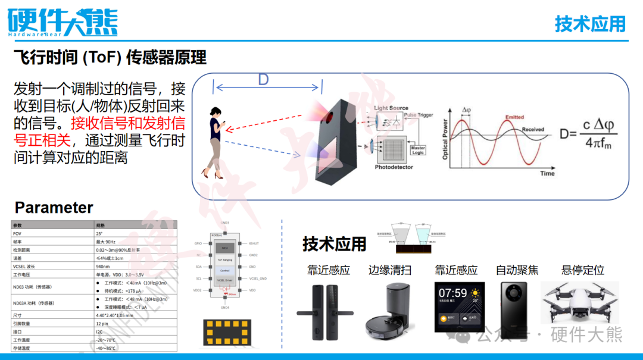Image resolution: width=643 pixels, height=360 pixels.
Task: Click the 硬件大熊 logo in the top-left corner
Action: (63, 23)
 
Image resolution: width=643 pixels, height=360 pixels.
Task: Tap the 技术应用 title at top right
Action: (590, 24)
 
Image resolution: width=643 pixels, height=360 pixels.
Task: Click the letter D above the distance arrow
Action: (263, 80)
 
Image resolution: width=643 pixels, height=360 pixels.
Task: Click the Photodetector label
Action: (394, 167)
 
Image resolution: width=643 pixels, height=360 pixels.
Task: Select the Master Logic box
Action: (418, 151)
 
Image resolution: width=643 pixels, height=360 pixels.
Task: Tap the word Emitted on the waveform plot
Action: (514, 117)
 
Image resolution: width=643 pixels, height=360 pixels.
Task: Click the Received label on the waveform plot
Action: (533, 129)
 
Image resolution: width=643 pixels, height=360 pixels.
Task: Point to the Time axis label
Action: (547, 173)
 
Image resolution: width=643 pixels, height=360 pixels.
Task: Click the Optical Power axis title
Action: (445, 139)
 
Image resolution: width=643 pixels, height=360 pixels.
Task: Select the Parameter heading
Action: (54, 208)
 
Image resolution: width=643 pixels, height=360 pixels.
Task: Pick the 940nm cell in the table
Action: (104, 267)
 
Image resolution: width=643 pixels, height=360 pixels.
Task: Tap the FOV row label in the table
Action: (17, 234)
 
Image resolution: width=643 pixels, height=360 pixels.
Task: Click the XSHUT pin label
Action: (254, 243)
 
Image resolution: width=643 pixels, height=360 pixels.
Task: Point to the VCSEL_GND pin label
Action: (259, 278)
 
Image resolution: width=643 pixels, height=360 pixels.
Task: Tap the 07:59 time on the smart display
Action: (453, 293)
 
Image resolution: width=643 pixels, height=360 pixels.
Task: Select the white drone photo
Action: (579, 303)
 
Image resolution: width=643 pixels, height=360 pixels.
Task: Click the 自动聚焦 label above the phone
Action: (517, 270)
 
